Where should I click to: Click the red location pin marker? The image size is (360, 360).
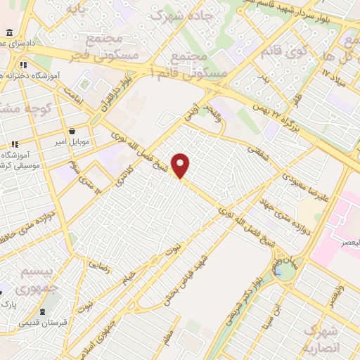181,165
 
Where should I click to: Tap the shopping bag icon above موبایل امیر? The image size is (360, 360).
73,131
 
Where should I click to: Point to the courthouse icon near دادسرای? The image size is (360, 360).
8,33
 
